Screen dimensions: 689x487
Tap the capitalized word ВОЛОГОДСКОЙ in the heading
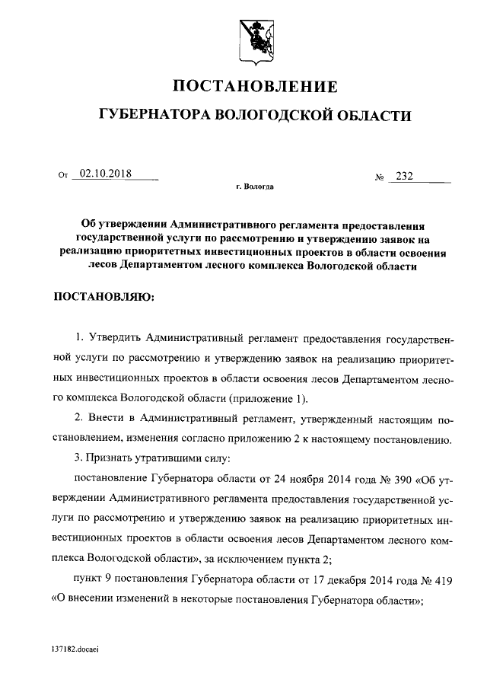274,115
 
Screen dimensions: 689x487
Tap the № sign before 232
378,177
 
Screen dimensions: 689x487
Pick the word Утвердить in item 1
114,338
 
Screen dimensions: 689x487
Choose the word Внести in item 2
106,419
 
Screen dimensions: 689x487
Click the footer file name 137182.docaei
75,651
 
